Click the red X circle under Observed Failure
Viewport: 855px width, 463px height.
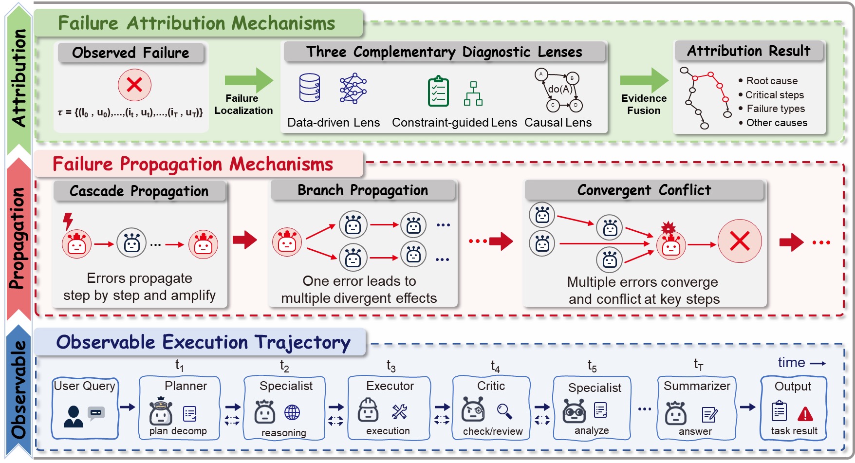pyautogui.click(x=134, y=85)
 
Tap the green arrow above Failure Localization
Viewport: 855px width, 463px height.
pyautogui.click(x=248, y=80)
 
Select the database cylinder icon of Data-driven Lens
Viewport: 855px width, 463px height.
pyautogui.click(x=310, y=88)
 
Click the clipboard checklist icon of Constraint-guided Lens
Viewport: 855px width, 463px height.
pyautogui.click(x=438, y=91)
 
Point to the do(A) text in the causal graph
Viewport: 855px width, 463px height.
pyautogui.click(x=560, y=89)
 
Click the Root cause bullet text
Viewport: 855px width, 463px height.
pyautogui.click(x=772, y=81)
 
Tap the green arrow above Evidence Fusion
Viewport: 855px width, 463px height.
pyautogui.click(x=644, y=80)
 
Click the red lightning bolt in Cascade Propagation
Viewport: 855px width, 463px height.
pyautogui.click(x=68, y=221)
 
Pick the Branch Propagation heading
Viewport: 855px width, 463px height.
pyautogui.click(x=363, y=190)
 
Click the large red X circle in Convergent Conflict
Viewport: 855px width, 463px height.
pyautogui.click(x=740, y=241)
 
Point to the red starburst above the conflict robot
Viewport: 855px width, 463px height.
pyautogui.click(x=668, y=227)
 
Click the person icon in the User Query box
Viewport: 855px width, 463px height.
pyautogui.click(x=74, y=416)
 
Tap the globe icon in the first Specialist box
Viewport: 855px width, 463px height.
pyautogui.click(x=292, y=412)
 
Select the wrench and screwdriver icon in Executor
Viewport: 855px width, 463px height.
pyautogui.click(x=399, y=412)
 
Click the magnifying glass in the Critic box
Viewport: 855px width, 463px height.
pyautogui.click(x=504, y=411)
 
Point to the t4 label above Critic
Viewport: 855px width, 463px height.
pyautogui.click(x=495, y=366)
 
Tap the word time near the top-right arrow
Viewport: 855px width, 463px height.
pyautogui.click(x=791, y=363)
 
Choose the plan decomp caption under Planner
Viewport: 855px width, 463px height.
pyautogui.click(x=178, y=431)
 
